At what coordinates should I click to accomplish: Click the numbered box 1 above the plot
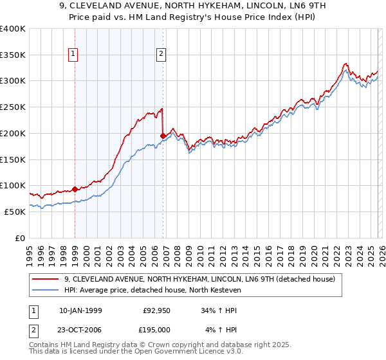pos(75,55)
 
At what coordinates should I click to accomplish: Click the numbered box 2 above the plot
pos(160,55)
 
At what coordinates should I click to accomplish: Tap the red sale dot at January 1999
pos(75,189)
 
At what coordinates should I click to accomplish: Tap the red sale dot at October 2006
pos(163,136)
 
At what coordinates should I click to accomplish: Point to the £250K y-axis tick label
pos(13,107)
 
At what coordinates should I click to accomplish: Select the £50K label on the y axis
pos(15,212)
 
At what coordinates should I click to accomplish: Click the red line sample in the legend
pos(46,280)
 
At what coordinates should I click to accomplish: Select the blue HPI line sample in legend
pos(46,291)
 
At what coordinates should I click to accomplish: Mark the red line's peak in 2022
pos(345,64)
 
